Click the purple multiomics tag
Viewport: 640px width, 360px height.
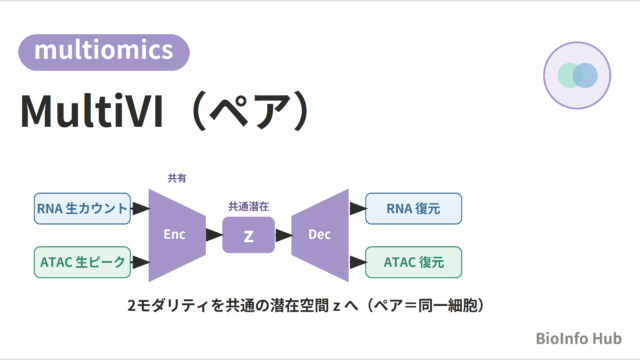(x=104, y=52)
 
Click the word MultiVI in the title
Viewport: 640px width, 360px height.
(x=92, y=111)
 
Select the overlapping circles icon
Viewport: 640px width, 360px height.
(x=577, y=76)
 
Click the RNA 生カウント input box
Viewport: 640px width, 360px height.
(x=82, y=209)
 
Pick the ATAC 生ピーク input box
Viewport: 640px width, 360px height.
(x=82, y=262)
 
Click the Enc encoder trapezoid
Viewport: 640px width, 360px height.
(x=177, y=235)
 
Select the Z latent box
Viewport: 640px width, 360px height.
(x=249, y=235)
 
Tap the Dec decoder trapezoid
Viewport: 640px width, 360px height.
(x=320, y=235)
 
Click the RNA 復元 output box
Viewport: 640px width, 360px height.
(x=413, y=209)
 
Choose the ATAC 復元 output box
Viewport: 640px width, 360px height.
(x=413, y=262)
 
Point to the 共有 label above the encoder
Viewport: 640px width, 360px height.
(x=177, y=178)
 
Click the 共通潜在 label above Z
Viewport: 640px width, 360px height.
(x=249, y=207)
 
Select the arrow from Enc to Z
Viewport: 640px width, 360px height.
(x=214, y=235)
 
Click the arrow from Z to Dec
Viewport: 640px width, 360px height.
(x=284, y=235)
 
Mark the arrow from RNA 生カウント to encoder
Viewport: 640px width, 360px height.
(x=140, y=209)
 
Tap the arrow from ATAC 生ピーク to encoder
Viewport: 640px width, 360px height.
(x=140, y=262)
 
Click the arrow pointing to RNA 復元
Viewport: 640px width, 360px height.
(x=358, y=209)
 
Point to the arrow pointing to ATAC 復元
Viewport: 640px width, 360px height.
(x=358, y=262)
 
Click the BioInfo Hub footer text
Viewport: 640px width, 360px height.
(x=578, y=338)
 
